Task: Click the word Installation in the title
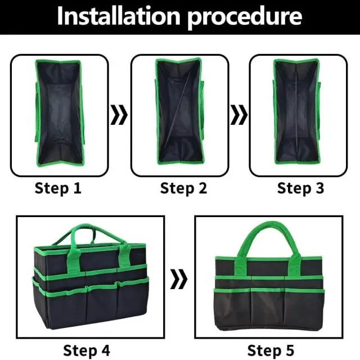[x=119, y=16]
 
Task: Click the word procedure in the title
[x=245, y=18]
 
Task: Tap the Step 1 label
[x=58, y=188]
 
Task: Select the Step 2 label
[x=183, y=188]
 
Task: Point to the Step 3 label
[x=300, y=188]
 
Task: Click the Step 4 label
[x=87, y=350]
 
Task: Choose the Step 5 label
[x=271, y=350]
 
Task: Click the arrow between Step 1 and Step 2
[x=119, y=115]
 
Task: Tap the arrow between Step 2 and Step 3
[x=238, y=115]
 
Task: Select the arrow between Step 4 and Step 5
[x=179, y=279]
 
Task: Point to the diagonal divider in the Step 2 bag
[x=178, y=108]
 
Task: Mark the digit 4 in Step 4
[x=106, y=350]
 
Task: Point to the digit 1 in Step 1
[x=78, y=188]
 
